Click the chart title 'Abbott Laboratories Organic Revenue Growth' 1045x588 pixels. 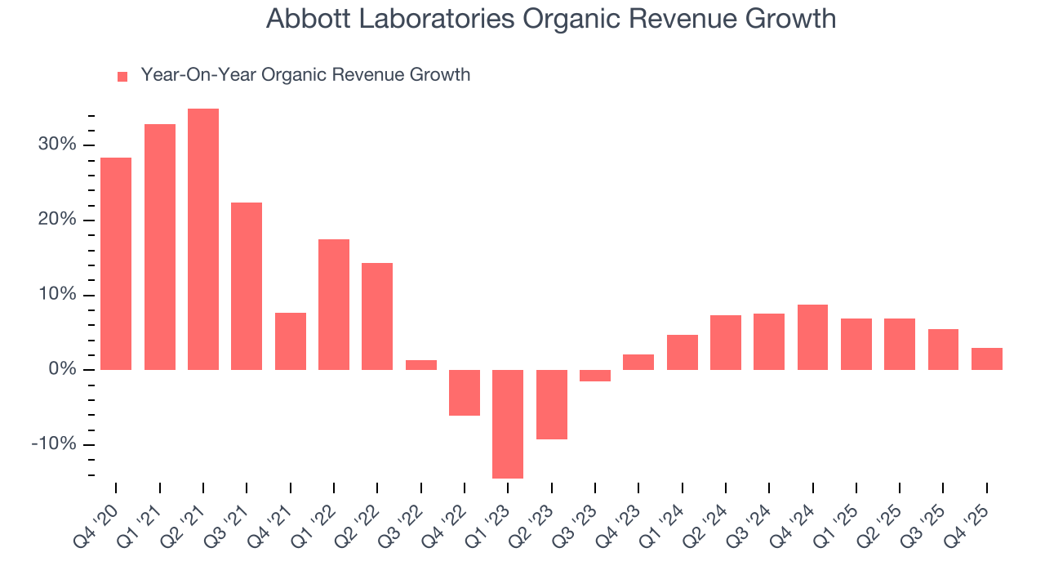coord(551,19)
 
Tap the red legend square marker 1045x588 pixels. coord(122,76)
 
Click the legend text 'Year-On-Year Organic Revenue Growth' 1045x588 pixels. coord(305,75)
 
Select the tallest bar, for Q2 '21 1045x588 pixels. coord(203,239)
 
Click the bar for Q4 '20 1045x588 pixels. coord(116,264)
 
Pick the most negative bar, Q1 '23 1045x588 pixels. coord(508,424)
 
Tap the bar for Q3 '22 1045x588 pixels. coord(421,365)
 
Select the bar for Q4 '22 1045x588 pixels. coord(465,393)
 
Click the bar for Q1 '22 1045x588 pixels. coord(334,305)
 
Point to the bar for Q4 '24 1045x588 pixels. coord(813,337)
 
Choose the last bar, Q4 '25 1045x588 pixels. coord(987,359)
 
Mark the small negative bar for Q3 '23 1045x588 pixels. coord(595,376)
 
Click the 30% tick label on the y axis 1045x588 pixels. coord(56,145)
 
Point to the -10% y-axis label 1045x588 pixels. coord(54,444)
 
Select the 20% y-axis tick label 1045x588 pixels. coord(56,220)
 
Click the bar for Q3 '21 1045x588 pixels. coord(247,286)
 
